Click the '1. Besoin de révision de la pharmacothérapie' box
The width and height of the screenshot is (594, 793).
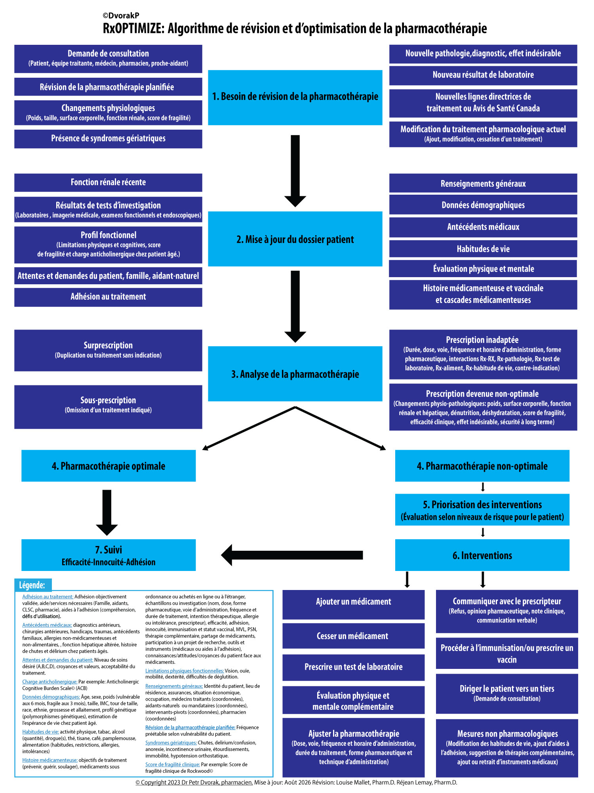coord(295,98)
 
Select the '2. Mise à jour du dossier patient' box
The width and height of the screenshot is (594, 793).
coord(295,239)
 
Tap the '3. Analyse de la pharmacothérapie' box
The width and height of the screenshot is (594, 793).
coord(295,374)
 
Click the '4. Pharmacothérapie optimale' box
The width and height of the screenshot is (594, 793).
coord(109,466)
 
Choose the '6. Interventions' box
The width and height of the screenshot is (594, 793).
coord(482,555)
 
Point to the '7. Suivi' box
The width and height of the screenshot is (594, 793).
coord(109,555)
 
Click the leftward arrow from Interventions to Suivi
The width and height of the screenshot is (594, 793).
coord(292,555)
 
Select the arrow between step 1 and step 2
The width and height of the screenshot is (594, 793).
coord(295,171)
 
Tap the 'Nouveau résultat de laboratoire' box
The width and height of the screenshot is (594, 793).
coord(483,75)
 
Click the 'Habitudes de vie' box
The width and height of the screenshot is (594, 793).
coord(483,249)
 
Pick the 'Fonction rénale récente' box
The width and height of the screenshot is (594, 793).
coord(108,182)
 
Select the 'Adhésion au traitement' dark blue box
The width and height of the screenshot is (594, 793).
coord(108,297)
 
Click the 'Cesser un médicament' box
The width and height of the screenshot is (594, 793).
coord(353,636)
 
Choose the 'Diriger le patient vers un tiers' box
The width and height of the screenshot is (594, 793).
coord(507,693)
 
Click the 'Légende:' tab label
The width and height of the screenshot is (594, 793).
coord(32,585)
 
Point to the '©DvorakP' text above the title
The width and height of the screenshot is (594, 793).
coord(121,16)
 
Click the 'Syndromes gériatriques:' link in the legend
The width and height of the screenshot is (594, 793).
coord(171,743)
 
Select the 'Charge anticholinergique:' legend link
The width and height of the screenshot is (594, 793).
coord(49,682)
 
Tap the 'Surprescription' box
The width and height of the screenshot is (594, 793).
coord(108,351)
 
